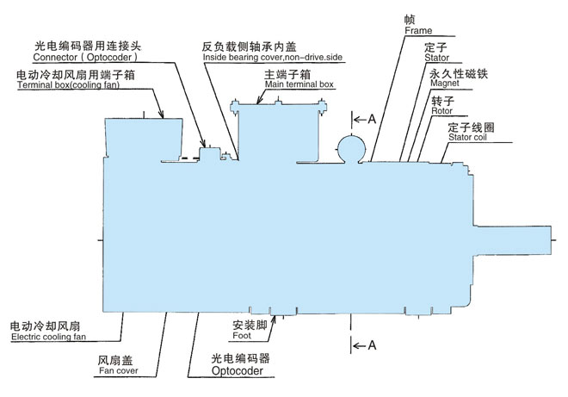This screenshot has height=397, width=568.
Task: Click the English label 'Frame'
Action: click(x=417, y=31)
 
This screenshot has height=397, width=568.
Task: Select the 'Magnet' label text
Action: click(x=443, y=86)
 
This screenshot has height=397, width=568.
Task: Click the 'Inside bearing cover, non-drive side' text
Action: click(x=273, y=57)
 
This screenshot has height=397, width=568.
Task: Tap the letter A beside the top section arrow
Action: click(x=371, y=119)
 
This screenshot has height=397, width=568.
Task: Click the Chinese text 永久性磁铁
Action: click(x=453, y=75)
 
